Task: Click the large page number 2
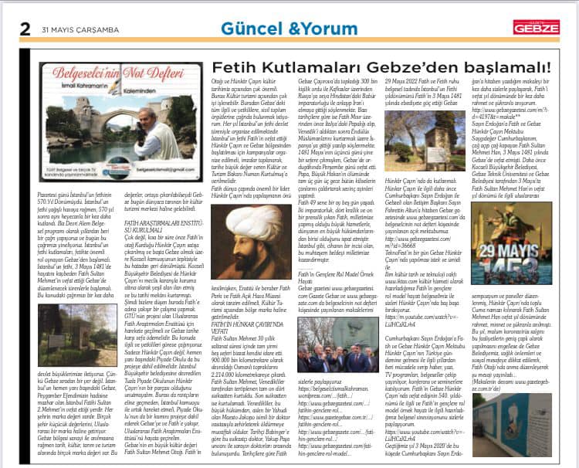(x=25, y=28)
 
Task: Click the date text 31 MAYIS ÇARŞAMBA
(x=76, y=29)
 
